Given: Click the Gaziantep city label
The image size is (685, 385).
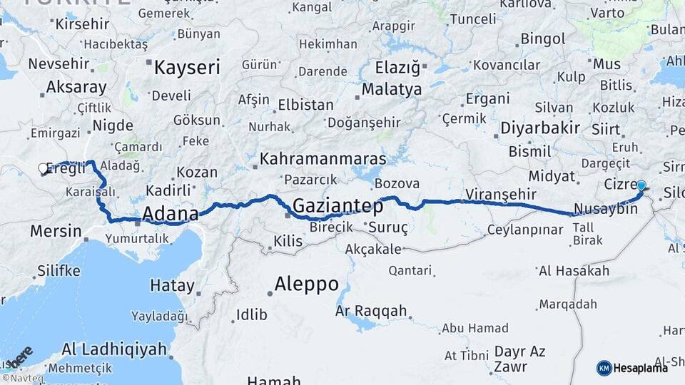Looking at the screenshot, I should click(337, 206).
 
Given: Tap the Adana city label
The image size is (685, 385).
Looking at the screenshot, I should click(171, 213).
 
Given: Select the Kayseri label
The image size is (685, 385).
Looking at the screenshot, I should click(187, 68).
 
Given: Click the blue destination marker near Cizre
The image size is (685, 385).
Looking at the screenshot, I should click(641, 186).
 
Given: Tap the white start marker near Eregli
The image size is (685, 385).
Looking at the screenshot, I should click(43, 169).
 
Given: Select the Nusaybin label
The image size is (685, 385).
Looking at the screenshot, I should click(605, 210).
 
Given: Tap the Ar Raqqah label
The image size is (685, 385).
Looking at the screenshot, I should click(371, 311).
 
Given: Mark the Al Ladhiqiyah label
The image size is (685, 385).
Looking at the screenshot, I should click(113, 349).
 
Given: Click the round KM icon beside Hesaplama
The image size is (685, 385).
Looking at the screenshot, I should click(604, 368).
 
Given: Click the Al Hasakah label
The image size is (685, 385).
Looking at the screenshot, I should click(574, 271).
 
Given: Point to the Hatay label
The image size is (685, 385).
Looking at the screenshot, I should click(172, 285).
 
